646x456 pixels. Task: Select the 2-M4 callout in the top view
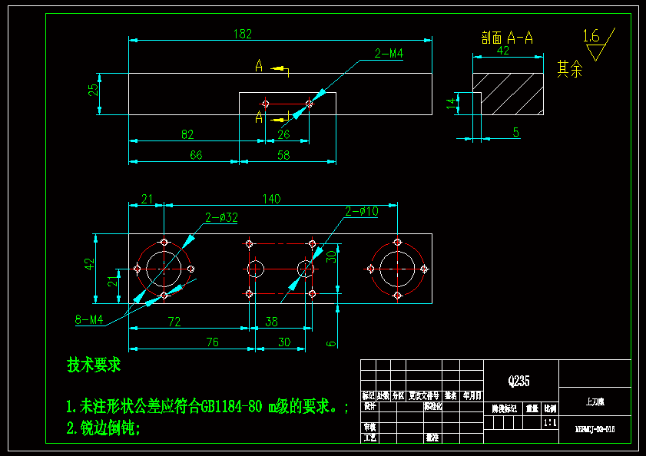(389, 54)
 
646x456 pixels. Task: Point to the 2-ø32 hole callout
(221, 217)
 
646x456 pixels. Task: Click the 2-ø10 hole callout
(361, 211)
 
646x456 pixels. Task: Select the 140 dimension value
(271, 199)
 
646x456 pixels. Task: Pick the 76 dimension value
(214, 342)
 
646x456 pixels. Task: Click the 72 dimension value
(174, 322)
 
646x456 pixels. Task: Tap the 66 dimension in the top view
(196, 155)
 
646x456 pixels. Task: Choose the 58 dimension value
(283, 155)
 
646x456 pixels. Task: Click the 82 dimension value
(187, 134)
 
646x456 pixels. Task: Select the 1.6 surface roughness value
(591, 35)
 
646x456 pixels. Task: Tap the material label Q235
(518, 381)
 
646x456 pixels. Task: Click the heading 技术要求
(94, 365)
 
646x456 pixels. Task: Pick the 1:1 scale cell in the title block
(550, 422)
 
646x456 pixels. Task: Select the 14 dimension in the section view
(451, 103)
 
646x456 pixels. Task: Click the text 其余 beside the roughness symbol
(569, 69)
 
